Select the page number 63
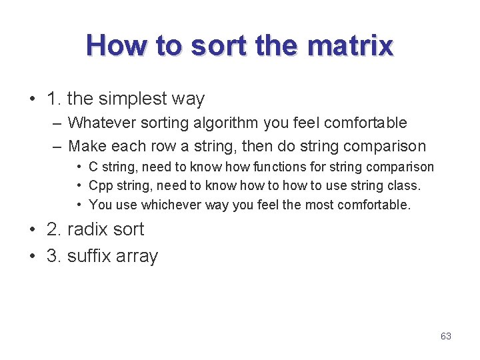446,336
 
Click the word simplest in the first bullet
131,99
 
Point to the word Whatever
102,123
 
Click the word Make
87,145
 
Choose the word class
405,185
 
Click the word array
137,257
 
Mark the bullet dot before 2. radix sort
33,229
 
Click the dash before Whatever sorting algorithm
56,123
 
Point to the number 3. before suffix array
54,256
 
